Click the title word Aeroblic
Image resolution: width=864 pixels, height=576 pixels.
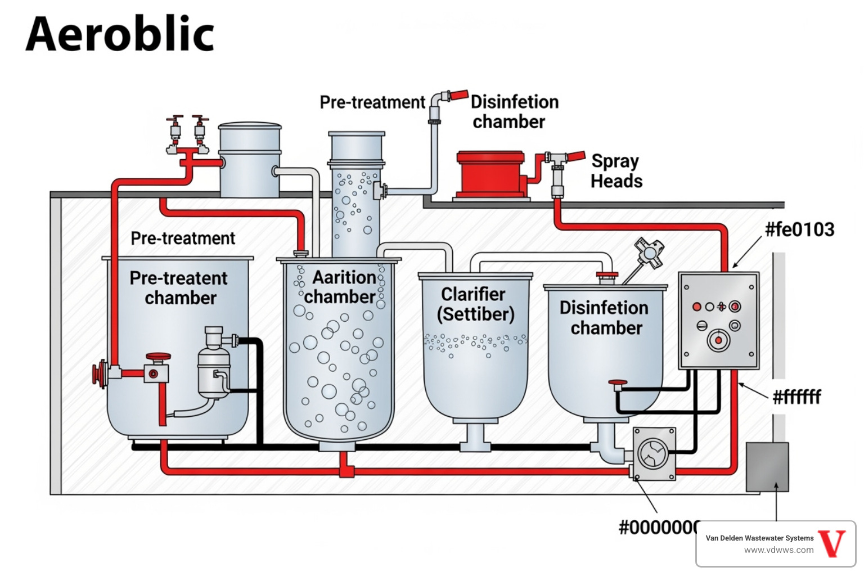point(120,34)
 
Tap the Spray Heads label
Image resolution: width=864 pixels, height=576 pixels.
point(616,171)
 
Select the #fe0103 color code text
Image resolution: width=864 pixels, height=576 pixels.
point(799,229)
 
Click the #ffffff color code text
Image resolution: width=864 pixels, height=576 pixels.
point(796,397)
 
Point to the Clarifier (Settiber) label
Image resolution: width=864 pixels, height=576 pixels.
point(475,304)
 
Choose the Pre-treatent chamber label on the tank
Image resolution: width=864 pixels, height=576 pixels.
point(179,288)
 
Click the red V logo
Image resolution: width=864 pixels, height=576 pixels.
point(832,543)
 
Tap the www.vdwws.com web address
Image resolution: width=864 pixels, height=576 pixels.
point(778,550)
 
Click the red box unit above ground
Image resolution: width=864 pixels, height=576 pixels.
point(491,174)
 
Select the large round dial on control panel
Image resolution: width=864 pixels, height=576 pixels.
point(718,340)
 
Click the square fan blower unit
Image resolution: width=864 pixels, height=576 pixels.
point(654,454)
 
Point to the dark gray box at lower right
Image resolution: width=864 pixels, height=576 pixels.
point(767,467)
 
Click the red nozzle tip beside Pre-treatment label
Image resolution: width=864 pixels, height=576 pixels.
point(458,94)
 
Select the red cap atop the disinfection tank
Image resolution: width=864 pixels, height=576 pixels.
point(607,275)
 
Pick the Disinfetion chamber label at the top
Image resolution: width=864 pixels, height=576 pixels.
point(513,112)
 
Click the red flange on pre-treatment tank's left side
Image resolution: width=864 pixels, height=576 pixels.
point(100,374)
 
